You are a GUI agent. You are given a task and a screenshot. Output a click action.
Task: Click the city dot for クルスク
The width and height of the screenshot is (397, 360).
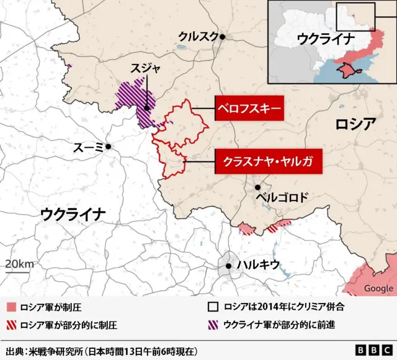click(221, 37)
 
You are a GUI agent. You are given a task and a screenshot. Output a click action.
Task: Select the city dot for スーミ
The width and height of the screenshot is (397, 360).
click(108, 146)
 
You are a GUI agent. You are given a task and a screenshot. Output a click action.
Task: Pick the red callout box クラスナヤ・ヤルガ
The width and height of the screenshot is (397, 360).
click(264, 162)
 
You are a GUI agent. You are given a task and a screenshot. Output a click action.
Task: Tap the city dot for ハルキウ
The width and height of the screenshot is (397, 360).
click(229, 266)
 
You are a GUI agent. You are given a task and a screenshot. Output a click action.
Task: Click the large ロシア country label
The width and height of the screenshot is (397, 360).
click(355, 124)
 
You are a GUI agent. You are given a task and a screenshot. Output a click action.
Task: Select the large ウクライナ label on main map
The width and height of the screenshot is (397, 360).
click(73, 215)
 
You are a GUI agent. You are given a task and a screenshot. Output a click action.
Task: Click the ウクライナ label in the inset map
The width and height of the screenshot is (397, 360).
click(326, 38)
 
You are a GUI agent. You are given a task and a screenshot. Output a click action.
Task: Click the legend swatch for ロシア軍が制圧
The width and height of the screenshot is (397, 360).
click(11, 307)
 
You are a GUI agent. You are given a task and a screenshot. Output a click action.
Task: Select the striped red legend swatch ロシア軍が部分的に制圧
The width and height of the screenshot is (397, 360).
click(11, 324)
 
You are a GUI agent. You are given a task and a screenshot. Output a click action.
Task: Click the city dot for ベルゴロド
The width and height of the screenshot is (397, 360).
click(257, 187)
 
